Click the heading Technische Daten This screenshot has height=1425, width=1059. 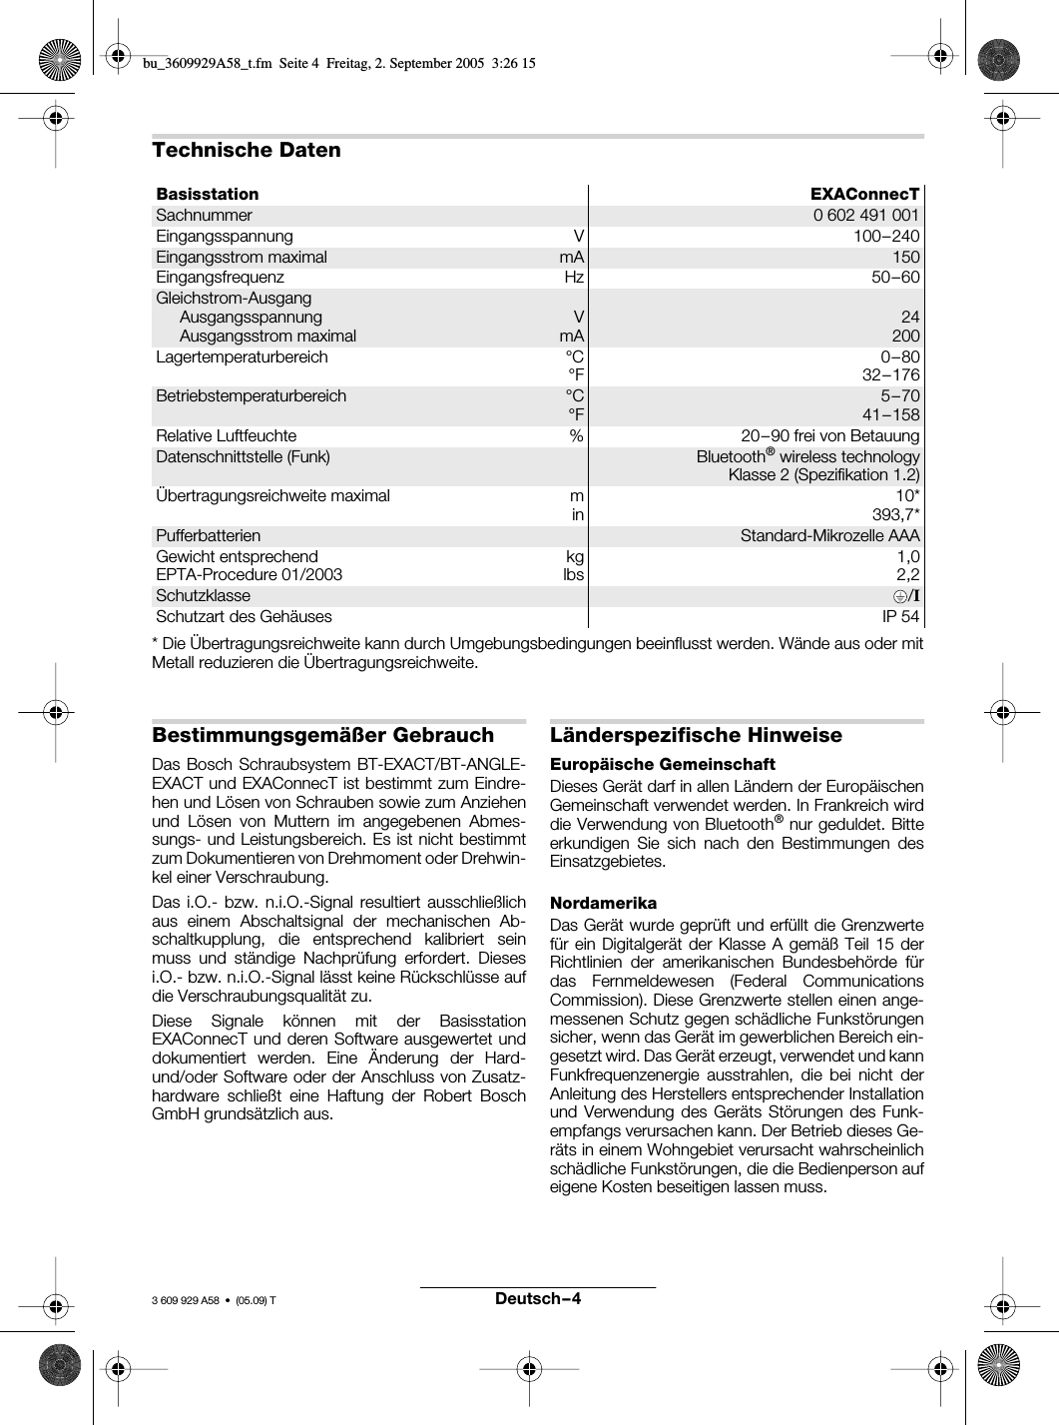[x=246, y=150]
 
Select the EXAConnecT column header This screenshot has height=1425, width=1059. [x=864, y=194]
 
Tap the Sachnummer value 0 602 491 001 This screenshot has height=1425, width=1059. [x=865, y=215]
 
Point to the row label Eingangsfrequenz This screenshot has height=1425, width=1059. [x=220, y=277]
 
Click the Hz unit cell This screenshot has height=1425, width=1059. [x=574, y=277]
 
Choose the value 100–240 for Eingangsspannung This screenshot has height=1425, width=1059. [x=886, y=236]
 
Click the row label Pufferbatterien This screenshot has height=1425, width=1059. [x=208, y=535]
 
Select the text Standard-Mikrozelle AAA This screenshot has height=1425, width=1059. [x=829, y=535]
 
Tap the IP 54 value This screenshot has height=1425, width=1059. [x=900, y=616]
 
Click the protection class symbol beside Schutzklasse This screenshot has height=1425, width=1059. [x=906, y=595]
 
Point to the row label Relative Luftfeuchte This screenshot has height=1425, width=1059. [x=226, y=435]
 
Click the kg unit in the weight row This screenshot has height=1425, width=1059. [x=575, y=556]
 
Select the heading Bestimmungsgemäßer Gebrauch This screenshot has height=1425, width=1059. [x=322, y=735]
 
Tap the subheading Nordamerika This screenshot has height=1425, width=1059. [x=604, y=903]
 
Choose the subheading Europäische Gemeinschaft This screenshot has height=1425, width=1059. [x=663, y=764]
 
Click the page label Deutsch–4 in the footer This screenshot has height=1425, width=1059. [x=537, y=1298]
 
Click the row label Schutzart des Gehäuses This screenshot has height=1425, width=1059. [x=244, y=616]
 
